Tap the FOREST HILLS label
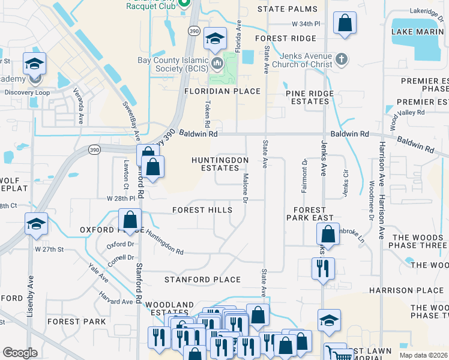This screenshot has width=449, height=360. pyautogui.click(x=202, y=210)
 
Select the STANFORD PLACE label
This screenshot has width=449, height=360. pyautogui.click(x=202, y=280)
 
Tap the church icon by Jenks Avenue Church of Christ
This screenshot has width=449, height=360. pyautogui.click(x=342, y=59)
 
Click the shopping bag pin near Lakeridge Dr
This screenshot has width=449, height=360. pyautogui.click(x=345, y=25)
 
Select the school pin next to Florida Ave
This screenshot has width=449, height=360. pyautogui.click(x=215, y=40)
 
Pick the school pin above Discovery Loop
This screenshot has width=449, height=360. pyautogui.click(x=35, y=64)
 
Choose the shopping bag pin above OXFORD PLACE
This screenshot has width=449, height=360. pyautogui.click(x=129, y=220)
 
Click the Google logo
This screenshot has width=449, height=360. pyautogui.click(x=20, y=352)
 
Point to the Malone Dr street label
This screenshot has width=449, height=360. pyautogui.click(x=246, y=188)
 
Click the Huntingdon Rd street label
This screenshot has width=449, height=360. pyautogui.click(x=163, y=243)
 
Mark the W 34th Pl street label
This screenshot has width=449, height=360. pyautogui.click(x=304, y=24)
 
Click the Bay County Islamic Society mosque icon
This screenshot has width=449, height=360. pyautogui.click(x=215, y=63)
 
